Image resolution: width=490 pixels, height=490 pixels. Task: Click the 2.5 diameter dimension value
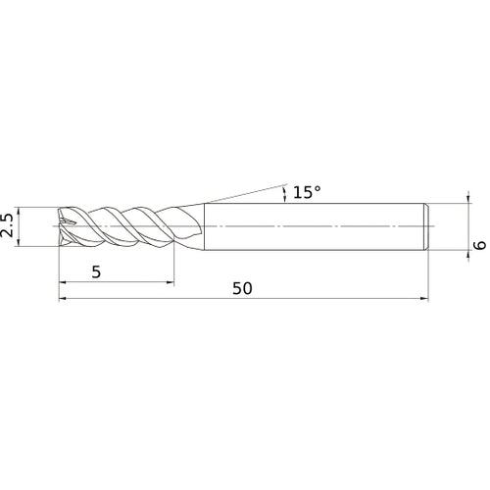click(9, 226)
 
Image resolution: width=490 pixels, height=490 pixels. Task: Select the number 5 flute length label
click(95, 273)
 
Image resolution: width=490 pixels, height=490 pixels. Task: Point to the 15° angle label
click(306, 193)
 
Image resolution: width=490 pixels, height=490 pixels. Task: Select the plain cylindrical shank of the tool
click(314, 226)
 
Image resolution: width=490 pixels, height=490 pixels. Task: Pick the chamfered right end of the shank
click(426, 226)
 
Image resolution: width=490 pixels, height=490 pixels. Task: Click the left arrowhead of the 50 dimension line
click(65, 298)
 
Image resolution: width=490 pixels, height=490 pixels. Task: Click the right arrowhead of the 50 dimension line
click(426, 298)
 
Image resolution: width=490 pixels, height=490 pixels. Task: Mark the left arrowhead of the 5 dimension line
click(65, 283)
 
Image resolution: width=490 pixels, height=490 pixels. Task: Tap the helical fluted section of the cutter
click(118, 226)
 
